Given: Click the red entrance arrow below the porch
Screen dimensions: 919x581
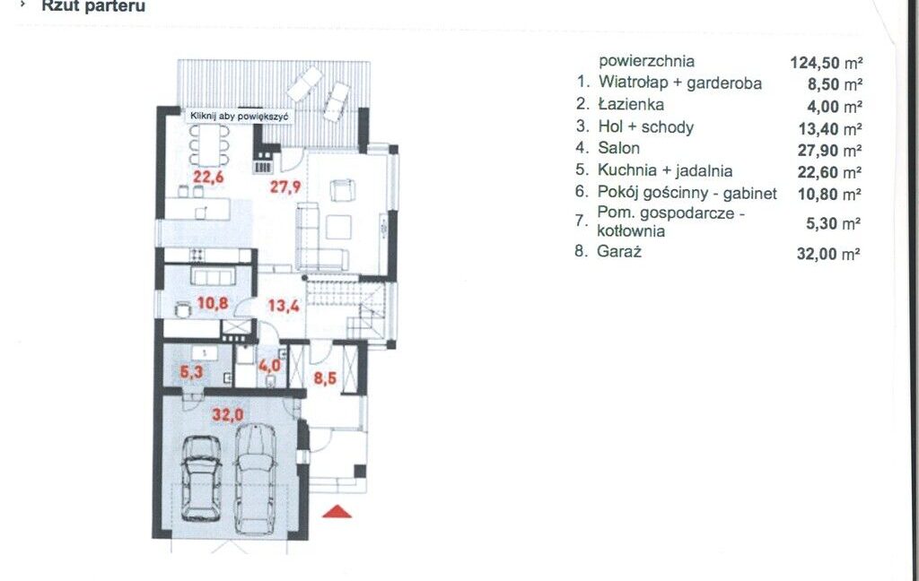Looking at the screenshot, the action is (337, 512).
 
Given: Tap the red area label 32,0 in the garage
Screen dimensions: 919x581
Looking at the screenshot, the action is (227, 415).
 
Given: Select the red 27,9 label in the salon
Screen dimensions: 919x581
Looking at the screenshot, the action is (285, 186).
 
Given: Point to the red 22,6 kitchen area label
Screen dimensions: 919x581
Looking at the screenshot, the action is (208, 177).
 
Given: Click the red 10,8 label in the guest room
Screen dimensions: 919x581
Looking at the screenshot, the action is (213, 303).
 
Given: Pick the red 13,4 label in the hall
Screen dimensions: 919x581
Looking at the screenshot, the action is (284, 305).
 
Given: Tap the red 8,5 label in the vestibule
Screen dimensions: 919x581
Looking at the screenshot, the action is (325, 377).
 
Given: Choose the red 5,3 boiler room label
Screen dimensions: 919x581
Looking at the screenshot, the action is (192, 370).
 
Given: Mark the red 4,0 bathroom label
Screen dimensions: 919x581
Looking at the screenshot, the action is (269, 366).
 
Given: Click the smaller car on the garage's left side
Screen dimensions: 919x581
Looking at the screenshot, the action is (201, 479).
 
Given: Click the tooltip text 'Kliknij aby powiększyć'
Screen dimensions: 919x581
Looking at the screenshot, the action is (239, 116).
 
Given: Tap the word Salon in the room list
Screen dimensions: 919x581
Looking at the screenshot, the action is (619, 148).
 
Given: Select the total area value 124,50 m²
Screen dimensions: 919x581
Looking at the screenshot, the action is (827, 62).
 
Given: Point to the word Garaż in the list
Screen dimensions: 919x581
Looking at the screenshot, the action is (619, 252).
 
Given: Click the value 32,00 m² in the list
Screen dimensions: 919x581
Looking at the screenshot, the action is (828, 254).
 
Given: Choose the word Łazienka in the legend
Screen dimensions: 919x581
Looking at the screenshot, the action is (631, 104).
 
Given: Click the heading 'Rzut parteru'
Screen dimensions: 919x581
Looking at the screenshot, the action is (93, 6).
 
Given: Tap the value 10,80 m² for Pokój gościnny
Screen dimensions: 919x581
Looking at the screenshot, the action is (829, 194).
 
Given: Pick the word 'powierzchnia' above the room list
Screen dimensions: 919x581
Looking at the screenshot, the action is (646, 61).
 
